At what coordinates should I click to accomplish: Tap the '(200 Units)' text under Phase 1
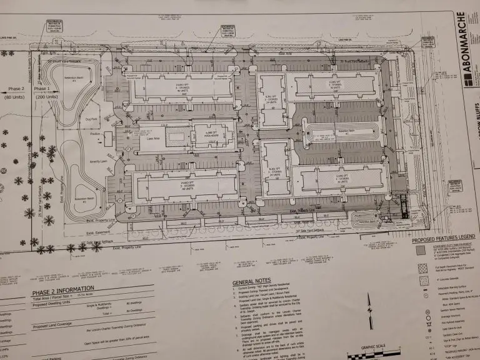[46, 97]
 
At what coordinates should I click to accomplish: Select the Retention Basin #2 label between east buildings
[341, 131]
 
